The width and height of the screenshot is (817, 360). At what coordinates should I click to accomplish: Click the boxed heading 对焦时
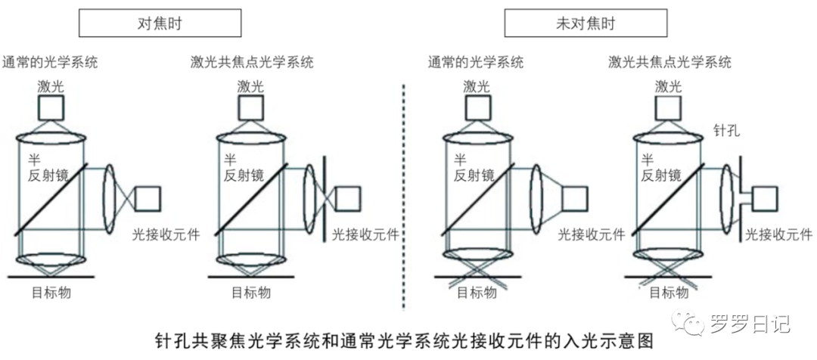tap(154, 23)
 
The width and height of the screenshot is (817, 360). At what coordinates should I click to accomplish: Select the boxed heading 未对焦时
tap(586, 23)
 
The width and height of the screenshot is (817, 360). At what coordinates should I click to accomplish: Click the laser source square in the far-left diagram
tap(52, 109)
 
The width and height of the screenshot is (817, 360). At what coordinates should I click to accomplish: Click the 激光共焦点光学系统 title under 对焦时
tap(252, 63)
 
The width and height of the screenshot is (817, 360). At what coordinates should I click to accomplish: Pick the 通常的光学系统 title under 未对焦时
tap(475, 63)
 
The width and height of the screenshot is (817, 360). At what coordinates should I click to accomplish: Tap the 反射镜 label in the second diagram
tap(243, 176)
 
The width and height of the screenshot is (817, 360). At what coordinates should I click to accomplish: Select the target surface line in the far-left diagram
tap(53, 277)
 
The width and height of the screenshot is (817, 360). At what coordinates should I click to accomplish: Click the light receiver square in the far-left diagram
tap(148, 198)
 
